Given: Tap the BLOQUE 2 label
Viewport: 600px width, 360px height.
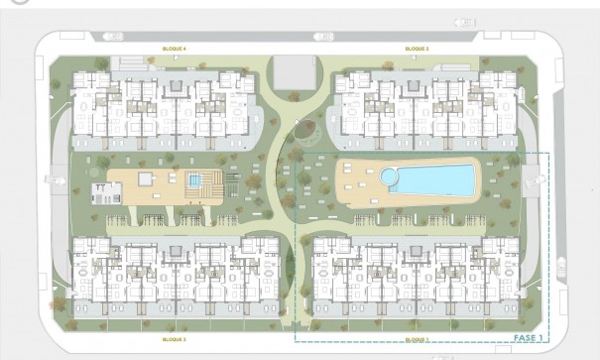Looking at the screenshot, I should (x=417, y=49).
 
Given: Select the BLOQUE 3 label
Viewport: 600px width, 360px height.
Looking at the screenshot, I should (x=174, y=339).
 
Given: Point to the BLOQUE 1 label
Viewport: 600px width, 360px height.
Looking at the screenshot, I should (x=417, y=339).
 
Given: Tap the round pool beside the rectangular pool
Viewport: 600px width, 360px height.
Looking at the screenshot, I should (x=389, y=176).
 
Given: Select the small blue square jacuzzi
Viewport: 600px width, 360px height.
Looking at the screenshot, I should (x=195, y=180).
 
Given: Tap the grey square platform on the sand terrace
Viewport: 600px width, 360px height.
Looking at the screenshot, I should (x=145, y=179).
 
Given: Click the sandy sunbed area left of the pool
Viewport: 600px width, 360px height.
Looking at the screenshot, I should (x=359, y=180).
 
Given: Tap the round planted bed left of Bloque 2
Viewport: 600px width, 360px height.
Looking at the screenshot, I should (x=308, y=128).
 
